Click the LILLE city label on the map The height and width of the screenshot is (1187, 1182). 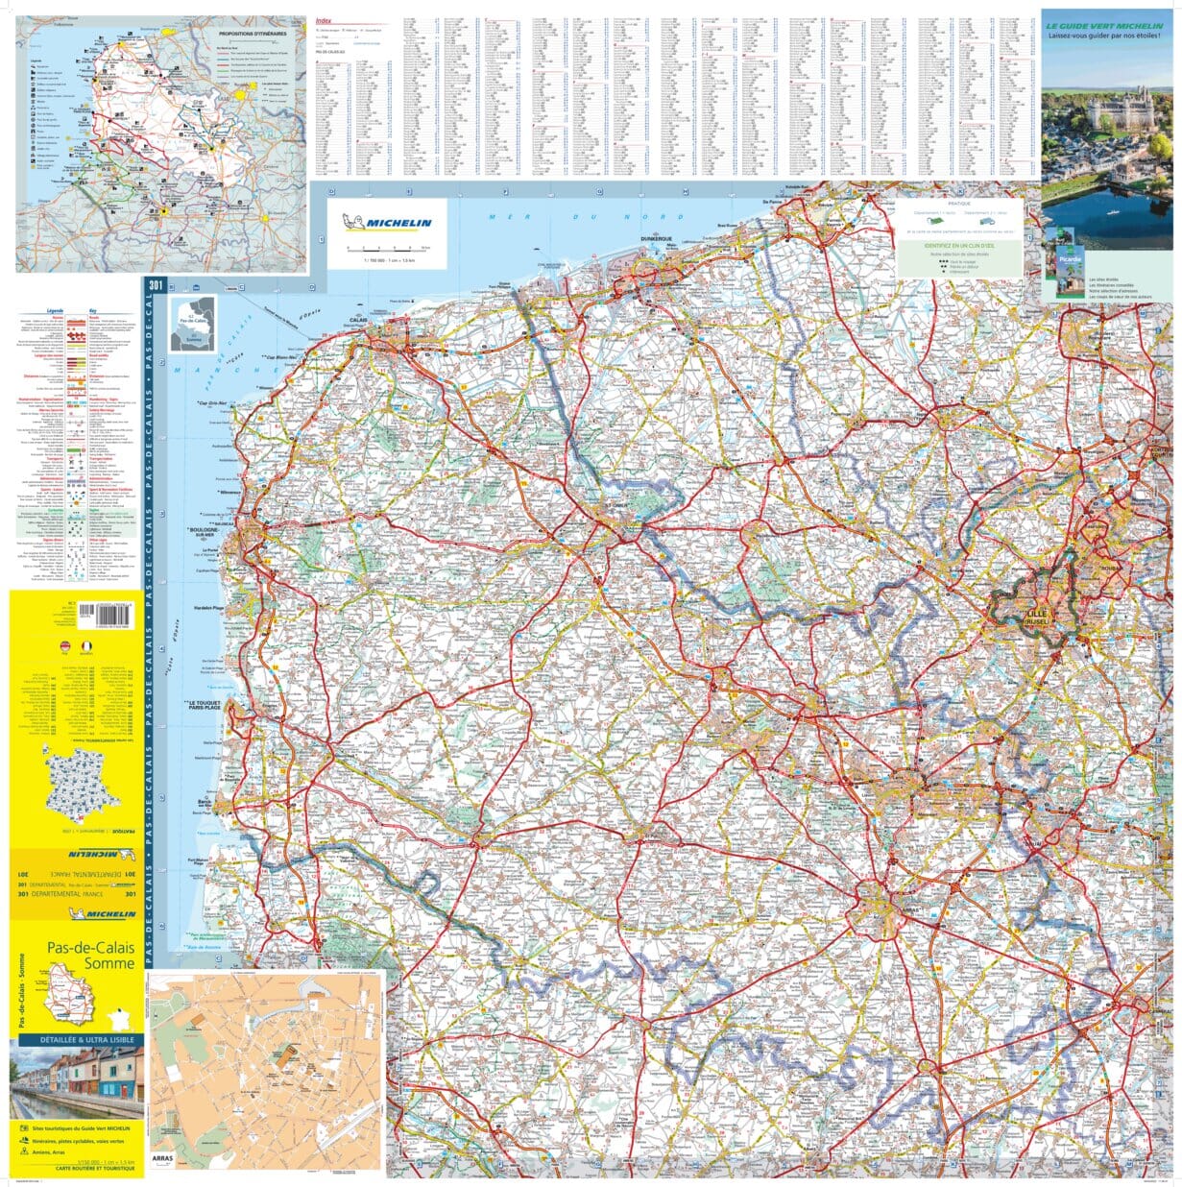pyautogui.click(x=1035, y=612)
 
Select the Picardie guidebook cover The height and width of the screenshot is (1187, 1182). pyautogui.click(x=1060, y=263)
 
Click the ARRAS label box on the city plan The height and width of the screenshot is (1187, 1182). pyautogui.click(x=166, y=1159)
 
